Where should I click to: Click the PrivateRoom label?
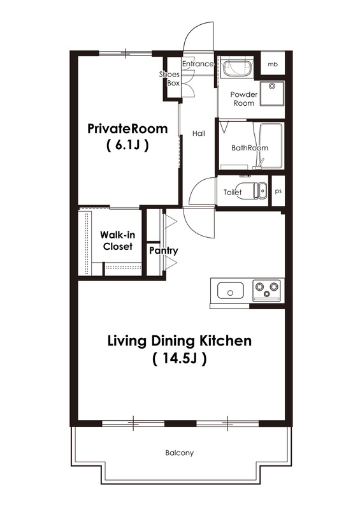127,129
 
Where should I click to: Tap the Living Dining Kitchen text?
180,341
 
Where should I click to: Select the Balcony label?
180,453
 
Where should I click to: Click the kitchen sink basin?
230,291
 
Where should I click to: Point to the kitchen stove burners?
267,290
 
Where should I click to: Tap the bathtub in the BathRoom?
271,146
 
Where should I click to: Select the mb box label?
273,64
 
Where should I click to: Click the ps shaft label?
278,191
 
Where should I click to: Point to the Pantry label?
164,251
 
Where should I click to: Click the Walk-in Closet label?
118,241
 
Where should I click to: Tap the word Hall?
199,133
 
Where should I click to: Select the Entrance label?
198,64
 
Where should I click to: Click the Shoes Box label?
169,78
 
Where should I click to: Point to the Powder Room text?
244,99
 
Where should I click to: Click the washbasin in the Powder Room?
236,68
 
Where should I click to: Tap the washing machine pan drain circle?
272,86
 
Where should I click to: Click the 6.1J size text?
127,145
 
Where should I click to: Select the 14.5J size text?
180,359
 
